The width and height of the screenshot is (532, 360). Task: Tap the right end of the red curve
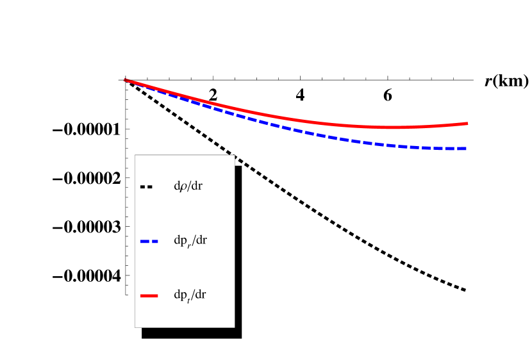467,123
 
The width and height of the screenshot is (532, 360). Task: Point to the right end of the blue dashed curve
466,149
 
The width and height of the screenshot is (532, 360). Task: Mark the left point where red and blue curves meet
125,80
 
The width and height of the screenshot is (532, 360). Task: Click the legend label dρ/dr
188,187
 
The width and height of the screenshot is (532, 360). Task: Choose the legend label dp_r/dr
190,241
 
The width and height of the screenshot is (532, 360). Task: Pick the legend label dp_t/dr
190,295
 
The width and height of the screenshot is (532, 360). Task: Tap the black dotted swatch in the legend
146,187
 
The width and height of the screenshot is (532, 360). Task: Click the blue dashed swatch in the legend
149,241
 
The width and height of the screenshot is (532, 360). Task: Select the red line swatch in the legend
149,295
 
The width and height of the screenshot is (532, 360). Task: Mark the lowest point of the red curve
391,127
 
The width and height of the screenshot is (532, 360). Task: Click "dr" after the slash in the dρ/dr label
197,187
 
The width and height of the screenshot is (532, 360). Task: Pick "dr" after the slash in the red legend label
201,295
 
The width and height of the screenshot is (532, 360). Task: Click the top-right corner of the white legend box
234,155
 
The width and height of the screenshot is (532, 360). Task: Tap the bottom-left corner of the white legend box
135,327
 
